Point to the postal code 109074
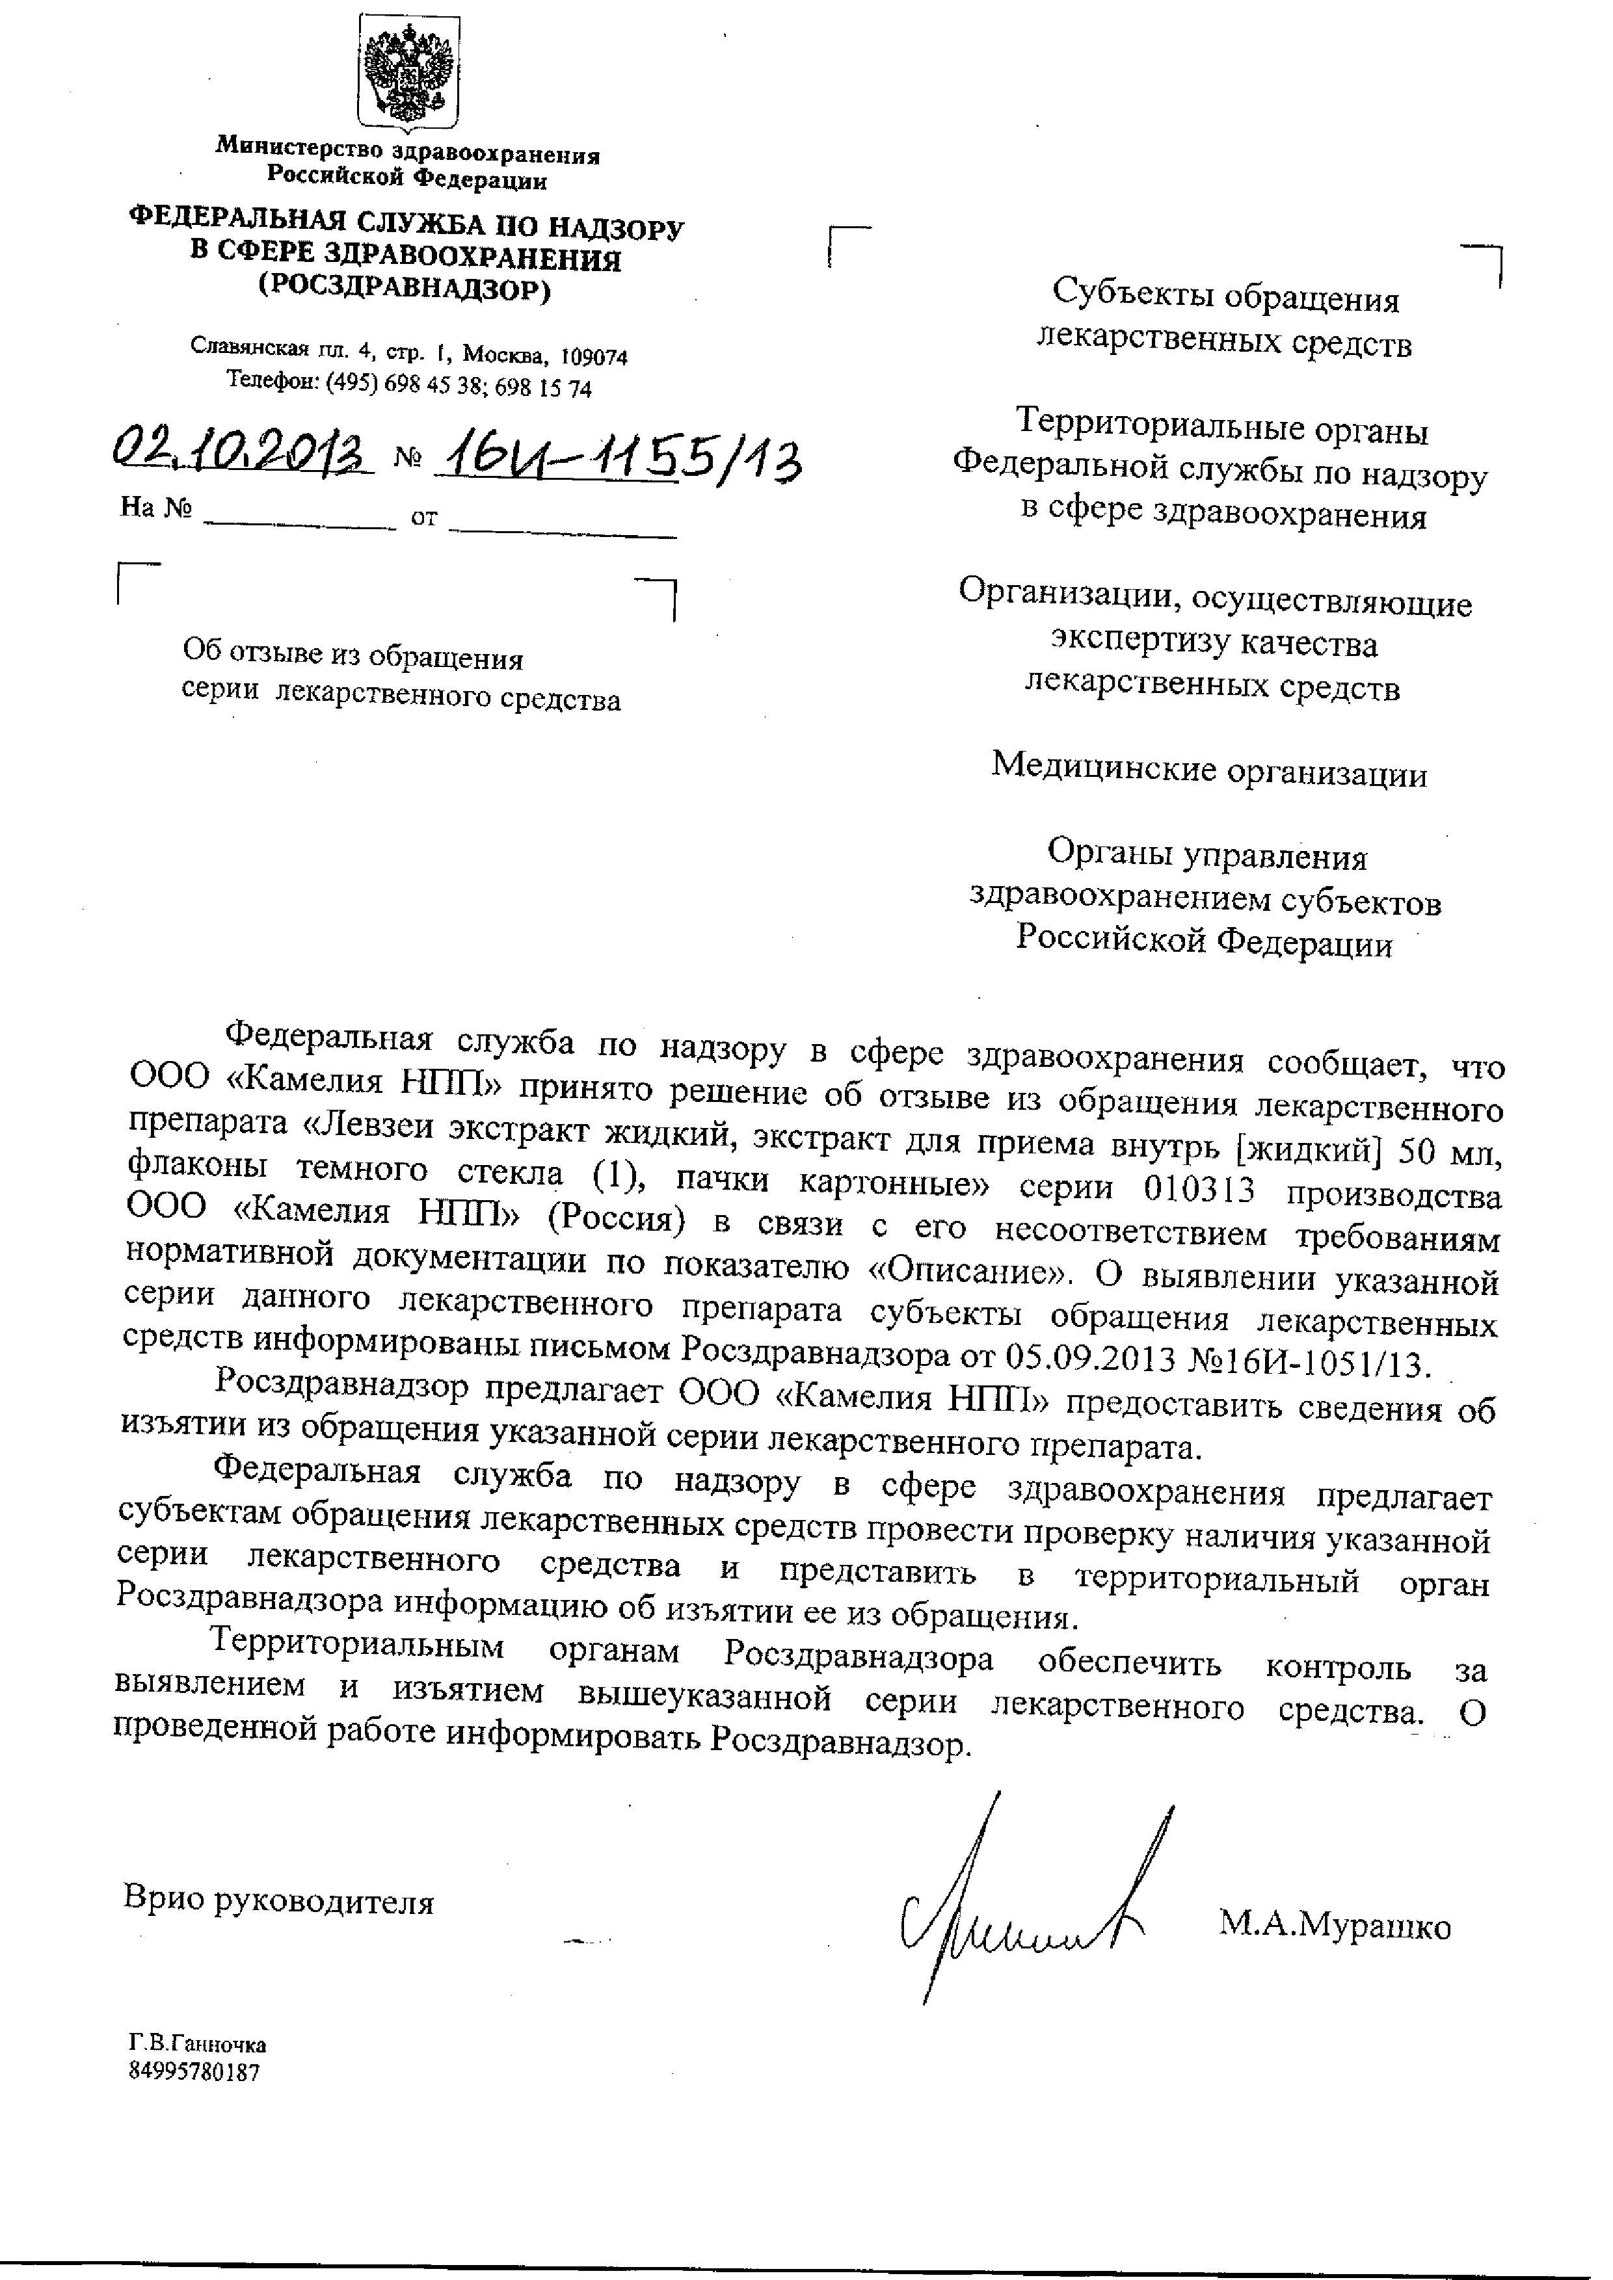pos(594,356)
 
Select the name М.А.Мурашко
pos(1335,1926)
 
